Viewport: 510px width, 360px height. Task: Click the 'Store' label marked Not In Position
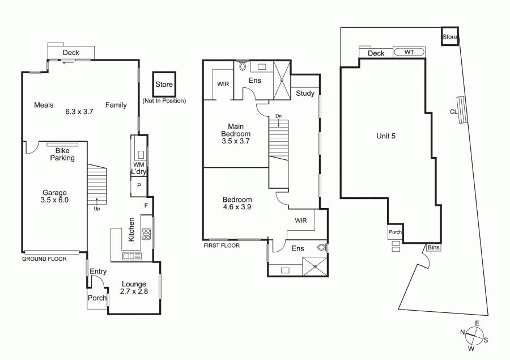coord(164,84)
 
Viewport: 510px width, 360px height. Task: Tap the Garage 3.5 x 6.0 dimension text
coord(54,200)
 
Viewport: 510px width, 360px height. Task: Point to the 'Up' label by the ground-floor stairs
coord(96,209)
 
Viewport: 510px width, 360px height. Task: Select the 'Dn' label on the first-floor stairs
coord(278,116)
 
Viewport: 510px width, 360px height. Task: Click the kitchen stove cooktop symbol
coord(146,234)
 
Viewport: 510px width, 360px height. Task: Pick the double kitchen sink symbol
coord(131,256)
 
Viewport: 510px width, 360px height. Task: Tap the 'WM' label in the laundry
coord(139,165)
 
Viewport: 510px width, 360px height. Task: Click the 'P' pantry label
coord(139,185)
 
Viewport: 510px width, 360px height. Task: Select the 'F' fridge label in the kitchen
coord(146,205)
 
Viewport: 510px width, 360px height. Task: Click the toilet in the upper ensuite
coord(243,66)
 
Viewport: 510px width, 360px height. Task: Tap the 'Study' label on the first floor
coord(305,94)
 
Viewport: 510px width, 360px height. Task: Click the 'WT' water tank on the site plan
coord(409,52)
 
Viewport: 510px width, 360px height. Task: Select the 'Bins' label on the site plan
coord(433,247)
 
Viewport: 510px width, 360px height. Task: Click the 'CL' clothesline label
coord(454,112)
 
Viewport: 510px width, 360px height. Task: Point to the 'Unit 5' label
coord(386,136)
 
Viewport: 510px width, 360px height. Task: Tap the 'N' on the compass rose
coord(462,332)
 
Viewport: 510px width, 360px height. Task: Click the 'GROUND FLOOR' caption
coord(44,259)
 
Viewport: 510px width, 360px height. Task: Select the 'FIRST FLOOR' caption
coord(222,245)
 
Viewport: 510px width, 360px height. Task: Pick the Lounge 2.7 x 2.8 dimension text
coord(134,291)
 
